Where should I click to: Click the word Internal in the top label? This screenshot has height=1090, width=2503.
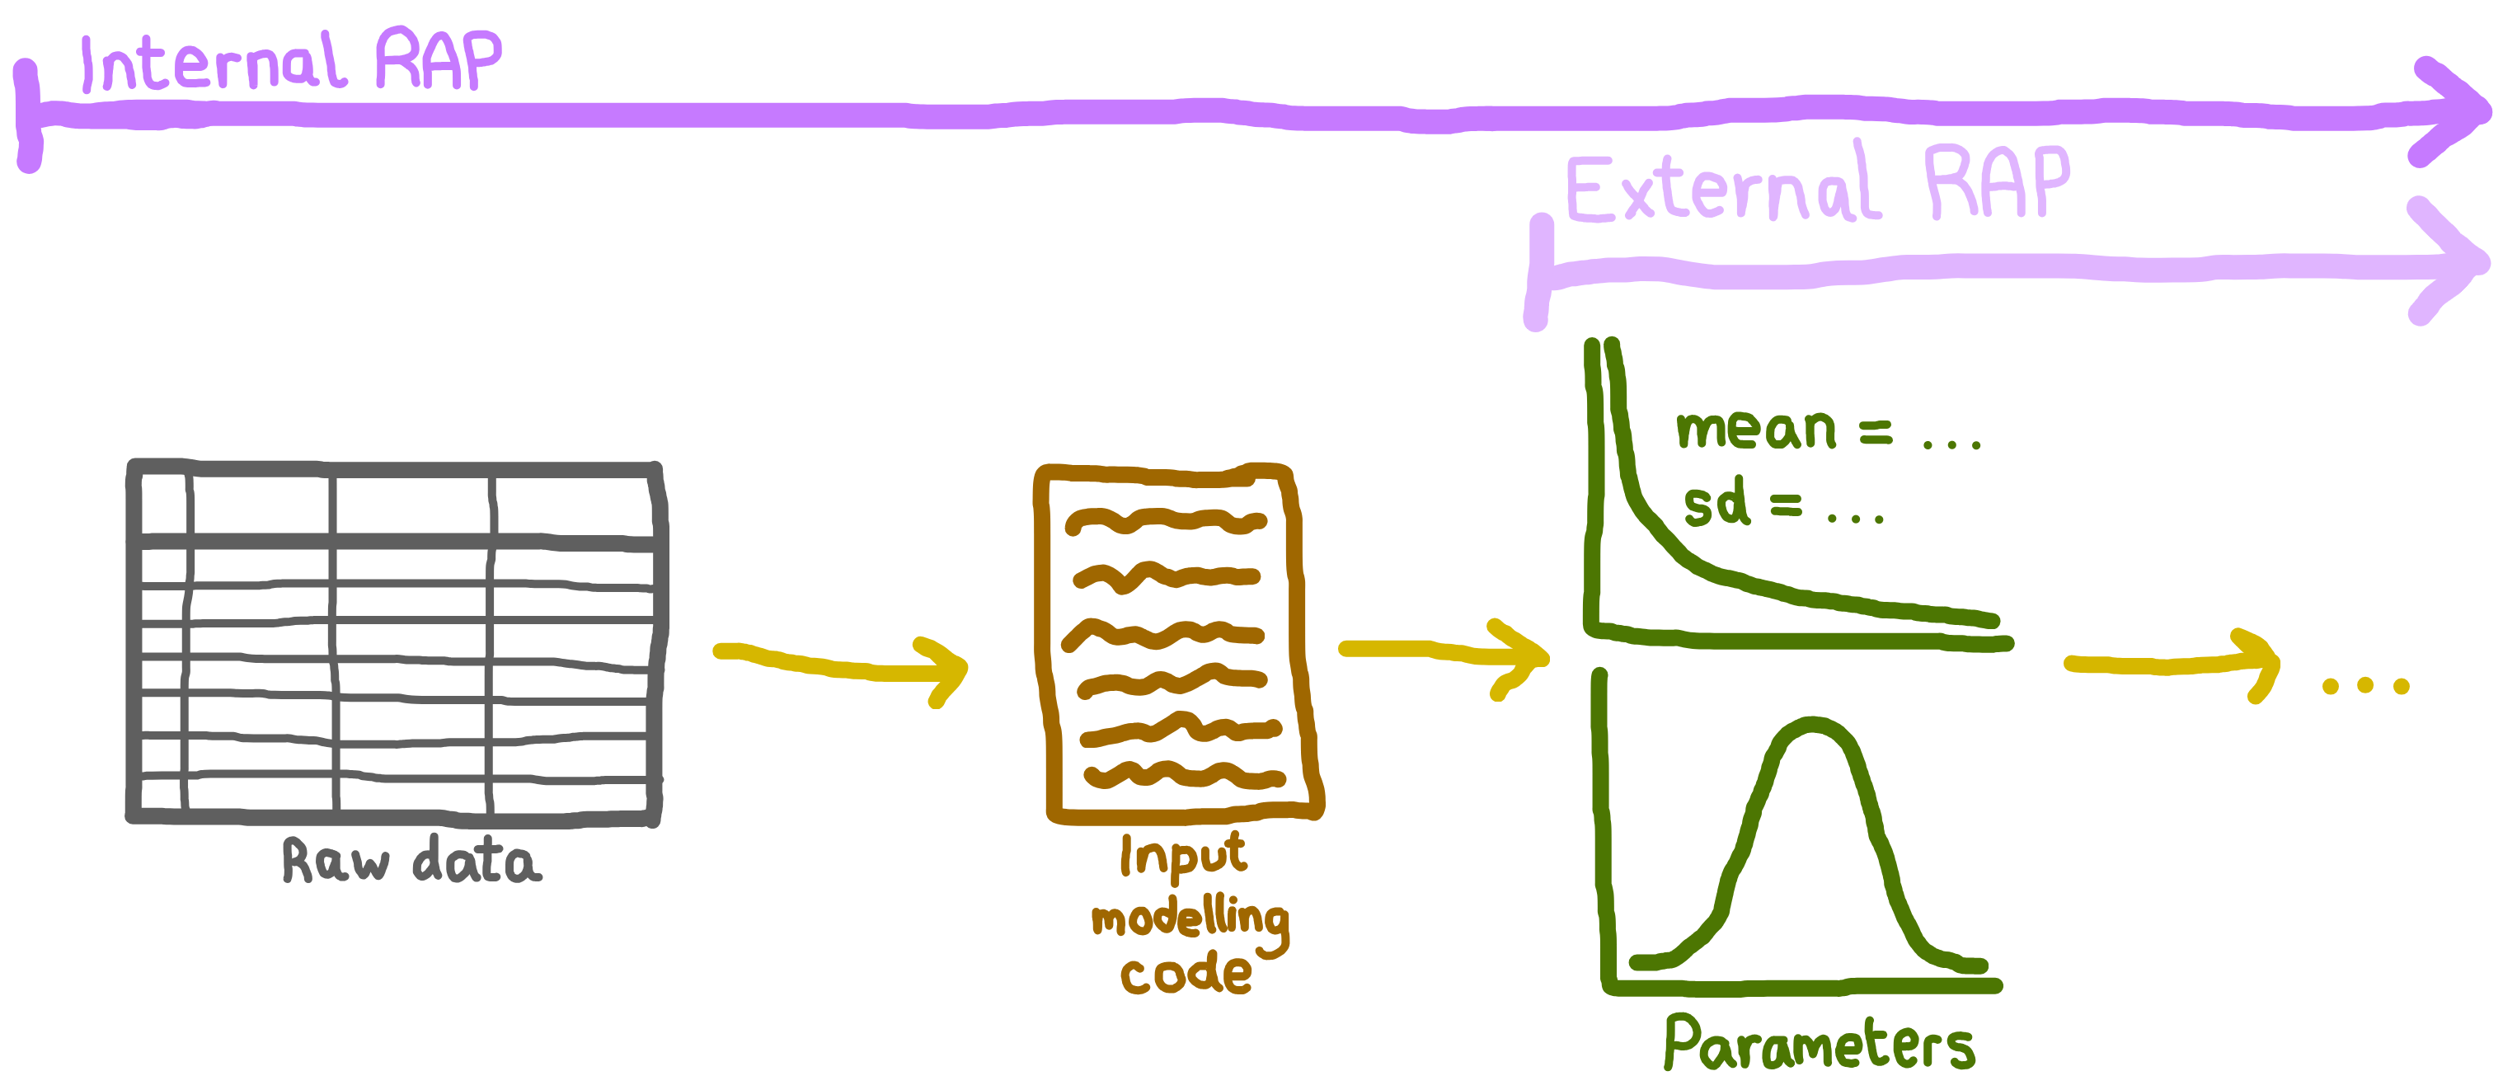click(212, 63)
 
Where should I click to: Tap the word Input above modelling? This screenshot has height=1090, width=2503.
click(1182, 855)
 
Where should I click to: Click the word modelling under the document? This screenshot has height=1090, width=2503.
click(1190, 918)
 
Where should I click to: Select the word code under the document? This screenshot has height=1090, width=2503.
click(1186, 974)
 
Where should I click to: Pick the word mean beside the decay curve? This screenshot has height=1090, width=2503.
click(1756, 429)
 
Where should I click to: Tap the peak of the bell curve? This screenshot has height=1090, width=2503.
click(1813, 726)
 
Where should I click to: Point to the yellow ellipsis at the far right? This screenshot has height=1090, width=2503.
click(2365, 686)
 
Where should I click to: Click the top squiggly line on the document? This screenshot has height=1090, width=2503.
click(1165, 522)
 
